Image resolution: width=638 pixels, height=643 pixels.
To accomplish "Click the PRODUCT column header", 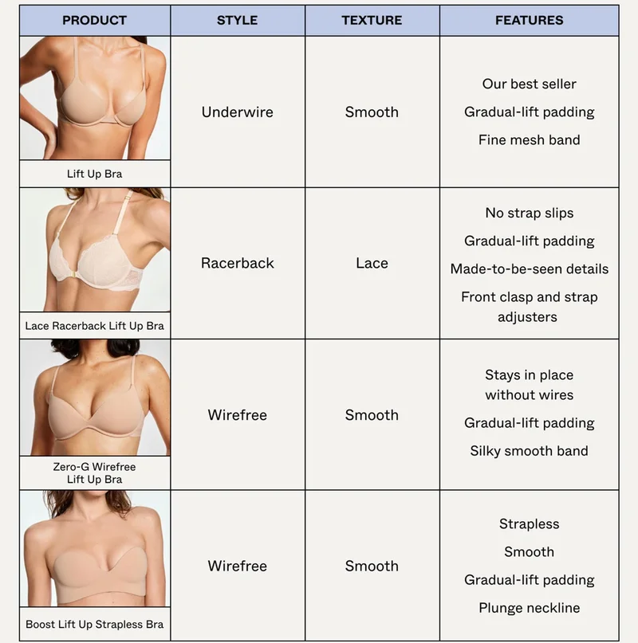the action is pyautogui.click(x=94, y=20).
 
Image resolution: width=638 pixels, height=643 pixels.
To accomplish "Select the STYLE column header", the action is pyautogui.click(x=238, y=20).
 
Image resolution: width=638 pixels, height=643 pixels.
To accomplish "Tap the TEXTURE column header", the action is pyautogui.click(x=372, y=20).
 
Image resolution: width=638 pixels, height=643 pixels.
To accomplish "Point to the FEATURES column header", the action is pyautogui.click(x=530, y=20).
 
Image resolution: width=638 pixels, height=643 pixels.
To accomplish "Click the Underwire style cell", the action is pyautogui.click(x=238, y=112).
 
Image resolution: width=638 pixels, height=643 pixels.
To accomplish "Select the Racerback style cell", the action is pyautogui.click(x=238, y=263).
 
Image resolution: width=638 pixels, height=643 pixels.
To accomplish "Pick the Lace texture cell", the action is pyautogui.click(x=372, y=263).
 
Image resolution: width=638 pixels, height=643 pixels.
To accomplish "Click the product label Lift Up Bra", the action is pyautogui.click(x=94, y=174).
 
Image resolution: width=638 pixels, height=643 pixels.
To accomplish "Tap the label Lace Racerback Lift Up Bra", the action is pyautogui.click(x=94, y=326).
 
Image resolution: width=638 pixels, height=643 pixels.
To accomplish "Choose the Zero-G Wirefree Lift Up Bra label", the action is pyautogui.click(x=94, y=472).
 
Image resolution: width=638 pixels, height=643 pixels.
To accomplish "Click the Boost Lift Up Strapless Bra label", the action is pyautogui.click(x=94, y=624).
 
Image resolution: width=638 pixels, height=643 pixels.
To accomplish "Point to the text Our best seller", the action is pyautogui.click(x=530, y=84).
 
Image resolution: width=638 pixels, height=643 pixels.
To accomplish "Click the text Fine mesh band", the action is pyautogui.click(x=530, y=140).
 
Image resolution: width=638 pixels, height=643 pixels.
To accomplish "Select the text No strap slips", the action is pyautogui.click(x=530, y=213).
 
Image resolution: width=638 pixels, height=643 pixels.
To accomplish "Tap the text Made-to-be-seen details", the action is pyautogui.click(x=530, y=269).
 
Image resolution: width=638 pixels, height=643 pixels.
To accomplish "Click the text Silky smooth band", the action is pyautogui.click(x=530, y=451).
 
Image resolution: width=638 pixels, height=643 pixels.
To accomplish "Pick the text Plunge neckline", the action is pyautogui.click(x=530, y=608).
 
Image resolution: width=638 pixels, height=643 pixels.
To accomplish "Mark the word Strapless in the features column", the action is pyautogui.click(x=530, y=524).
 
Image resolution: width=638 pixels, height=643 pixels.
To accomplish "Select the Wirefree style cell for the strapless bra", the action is pyautogui.click(x=238, y=566).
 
